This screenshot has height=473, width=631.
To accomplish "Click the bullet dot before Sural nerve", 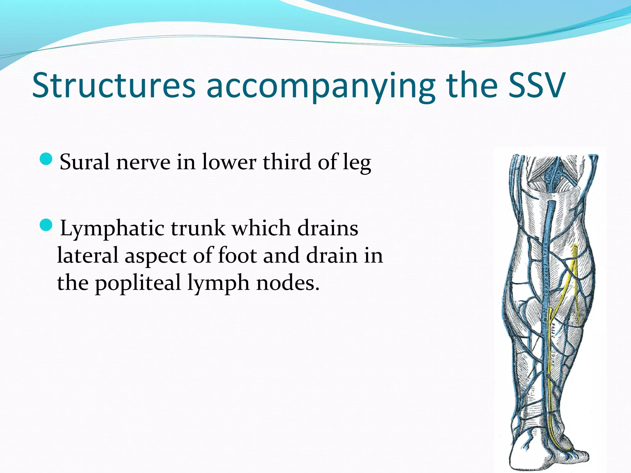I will coord(47,159).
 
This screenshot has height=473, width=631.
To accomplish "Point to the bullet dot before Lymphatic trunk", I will coord(47,225).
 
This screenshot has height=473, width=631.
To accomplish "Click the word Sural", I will coord(84,162).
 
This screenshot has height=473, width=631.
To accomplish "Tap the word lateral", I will coord(88,256).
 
